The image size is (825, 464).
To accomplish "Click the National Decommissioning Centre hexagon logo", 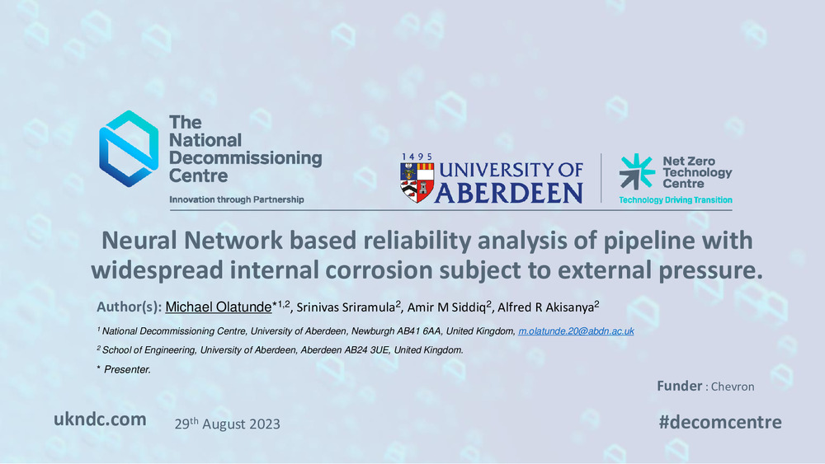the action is pyautogui.click(x=129, y=148).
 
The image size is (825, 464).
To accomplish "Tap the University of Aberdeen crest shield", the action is pyautogui.click(x=417, y=182).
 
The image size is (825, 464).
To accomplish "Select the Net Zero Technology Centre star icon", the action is pyautogui.click(x=637, y=171).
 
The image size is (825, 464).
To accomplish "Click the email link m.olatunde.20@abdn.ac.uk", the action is pyautogui.click(x=576, y=331).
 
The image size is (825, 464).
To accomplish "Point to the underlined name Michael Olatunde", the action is pyautogui.click(x=219, y=307).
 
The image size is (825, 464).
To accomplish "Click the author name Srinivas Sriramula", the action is pyautogui.click(x=346, y=307).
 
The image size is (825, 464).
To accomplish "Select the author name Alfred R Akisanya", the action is pyautogui.click(x=545, y=307).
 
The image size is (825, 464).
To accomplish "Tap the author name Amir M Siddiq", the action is pyautogui.click(x=446, y=307).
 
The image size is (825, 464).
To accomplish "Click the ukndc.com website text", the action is pyautogui.click(x=100, y=419).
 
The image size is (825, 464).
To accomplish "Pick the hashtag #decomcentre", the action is pyautogui.click(x=719, y=422).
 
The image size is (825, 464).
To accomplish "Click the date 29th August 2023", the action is pyautogui.click(x=228, y=424).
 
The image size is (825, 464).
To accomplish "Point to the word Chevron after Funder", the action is pyautogui.click(x=733, y=387).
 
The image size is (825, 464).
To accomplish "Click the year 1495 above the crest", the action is pyautogui.click(x=417, y=157).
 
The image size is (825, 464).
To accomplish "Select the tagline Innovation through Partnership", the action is pyautogui.click(x=236, y=199).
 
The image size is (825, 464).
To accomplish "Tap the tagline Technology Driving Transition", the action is pyautogui.click(x=676, y=199).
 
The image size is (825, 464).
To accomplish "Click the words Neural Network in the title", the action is pyautogui.click(x=192, y=241).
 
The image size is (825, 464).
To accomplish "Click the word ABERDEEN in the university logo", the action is pyautogui.click(x=508, y=193).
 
